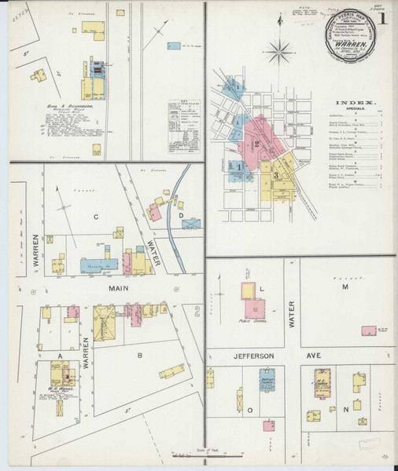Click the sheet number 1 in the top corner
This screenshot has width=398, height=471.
tap(382, 18)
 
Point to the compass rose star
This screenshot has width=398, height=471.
tap(278, 53)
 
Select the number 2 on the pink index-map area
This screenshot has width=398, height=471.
tap(256, 144)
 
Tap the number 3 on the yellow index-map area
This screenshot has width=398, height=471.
tap(277, 174)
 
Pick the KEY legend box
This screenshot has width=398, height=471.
tap(183, 127)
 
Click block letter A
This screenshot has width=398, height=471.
tap(59, 355)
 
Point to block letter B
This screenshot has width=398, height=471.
tap(140, 355)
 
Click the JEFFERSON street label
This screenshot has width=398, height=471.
tap(252, 356)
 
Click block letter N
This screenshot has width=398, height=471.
tap(345, 409)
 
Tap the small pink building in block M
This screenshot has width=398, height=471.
tap(367, 330)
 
